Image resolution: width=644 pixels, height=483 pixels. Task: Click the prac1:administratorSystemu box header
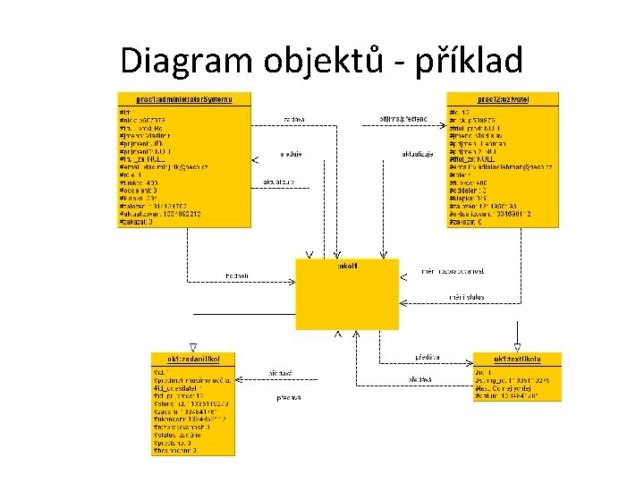tap(184, 99)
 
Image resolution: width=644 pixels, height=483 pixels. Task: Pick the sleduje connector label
tap(291, 154)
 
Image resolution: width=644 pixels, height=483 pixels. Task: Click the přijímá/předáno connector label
tap(403, 118)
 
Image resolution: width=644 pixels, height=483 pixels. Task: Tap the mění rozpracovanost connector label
tap(456, 270)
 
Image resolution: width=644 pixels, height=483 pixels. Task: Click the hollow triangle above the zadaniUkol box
tap(193, 346)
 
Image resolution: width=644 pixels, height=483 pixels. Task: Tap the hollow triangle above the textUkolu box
tap(517, 346)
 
